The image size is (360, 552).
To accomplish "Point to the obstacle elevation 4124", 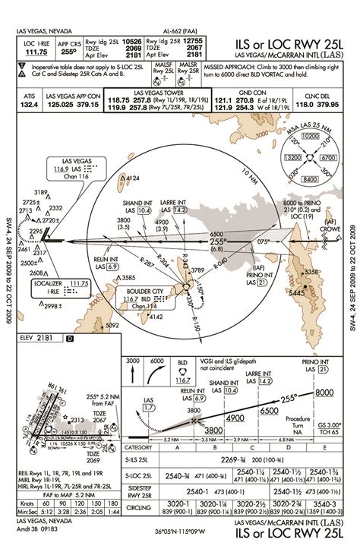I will click(132, 178).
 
